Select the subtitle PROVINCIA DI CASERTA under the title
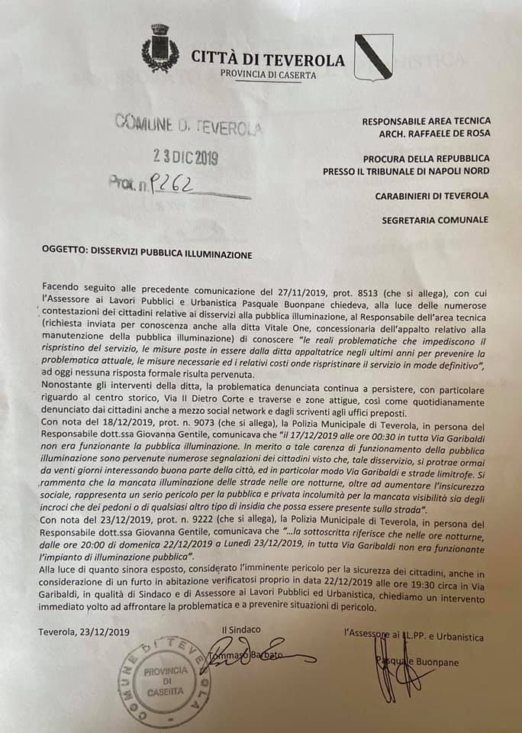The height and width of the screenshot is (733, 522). (268, 75)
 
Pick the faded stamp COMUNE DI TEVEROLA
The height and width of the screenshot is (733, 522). (187, 122)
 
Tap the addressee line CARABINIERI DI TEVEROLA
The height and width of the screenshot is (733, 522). (432, 196)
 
